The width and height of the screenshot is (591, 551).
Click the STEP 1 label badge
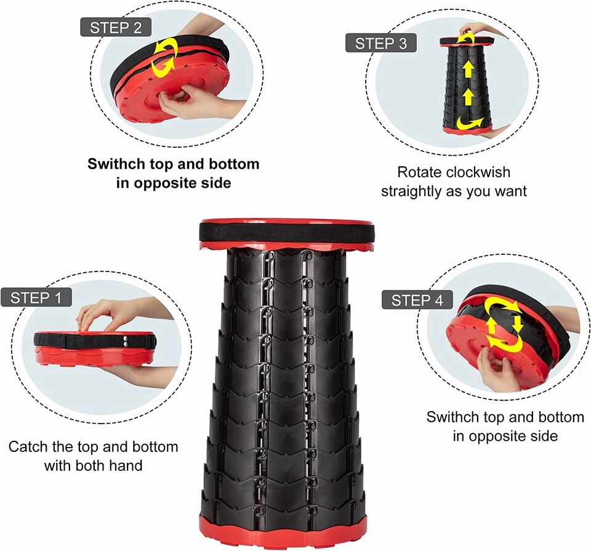[36, 297]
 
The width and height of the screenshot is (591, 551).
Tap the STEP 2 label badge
[116, 27]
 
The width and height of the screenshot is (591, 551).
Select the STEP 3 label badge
[381, 43]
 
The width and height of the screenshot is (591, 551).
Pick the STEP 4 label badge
[417, 300]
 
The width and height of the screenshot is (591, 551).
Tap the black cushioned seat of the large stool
[287, 232]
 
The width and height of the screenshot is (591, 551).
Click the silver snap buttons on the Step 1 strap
[125, 342]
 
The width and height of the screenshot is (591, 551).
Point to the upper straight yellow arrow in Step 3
[468, 70]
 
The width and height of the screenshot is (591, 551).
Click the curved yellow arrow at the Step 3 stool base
[470, 124]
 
